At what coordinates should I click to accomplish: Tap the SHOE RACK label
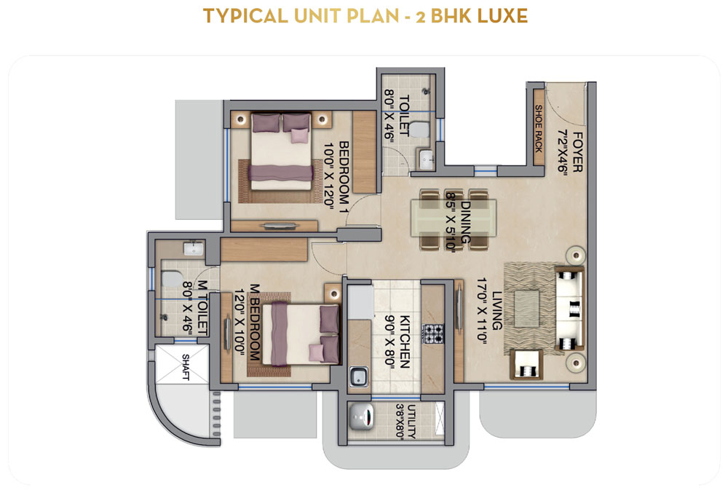539,129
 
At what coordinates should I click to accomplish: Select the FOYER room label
577,151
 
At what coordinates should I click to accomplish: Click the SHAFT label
185,367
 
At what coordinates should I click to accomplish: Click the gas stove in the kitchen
432,334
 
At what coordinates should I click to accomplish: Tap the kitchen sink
358,376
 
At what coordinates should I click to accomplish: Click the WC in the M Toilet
173,278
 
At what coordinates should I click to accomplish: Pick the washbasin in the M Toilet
193,249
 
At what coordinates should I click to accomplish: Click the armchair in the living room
526,365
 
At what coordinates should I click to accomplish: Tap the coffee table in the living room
526,309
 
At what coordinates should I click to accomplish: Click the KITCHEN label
405,342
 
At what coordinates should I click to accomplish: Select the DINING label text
465,222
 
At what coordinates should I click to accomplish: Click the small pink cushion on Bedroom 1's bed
299,135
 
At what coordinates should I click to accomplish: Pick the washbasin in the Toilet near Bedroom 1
426,159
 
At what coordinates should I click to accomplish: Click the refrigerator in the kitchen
362,301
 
